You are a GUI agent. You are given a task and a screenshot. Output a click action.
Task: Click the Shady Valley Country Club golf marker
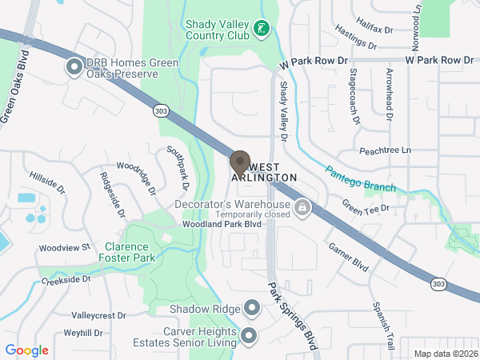coord(261,30)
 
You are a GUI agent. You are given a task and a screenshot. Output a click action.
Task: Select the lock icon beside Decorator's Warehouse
coord(302,210)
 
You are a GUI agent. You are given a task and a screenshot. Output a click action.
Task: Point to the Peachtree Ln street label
coord(384,150)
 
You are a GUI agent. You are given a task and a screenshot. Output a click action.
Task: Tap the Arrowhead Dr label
coord(389,94)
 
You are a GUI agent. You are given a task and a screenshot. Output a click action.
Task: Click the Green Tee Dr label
coord(365,207)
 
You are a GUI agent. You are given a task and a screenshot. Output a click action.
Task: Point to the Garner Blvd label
coord(348,258)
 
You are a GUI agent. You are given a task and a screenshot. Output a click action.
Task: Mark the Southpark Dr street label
coord(176,167)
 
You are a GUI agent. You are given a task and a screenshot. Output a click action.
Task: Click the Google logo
coord(27,350)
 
